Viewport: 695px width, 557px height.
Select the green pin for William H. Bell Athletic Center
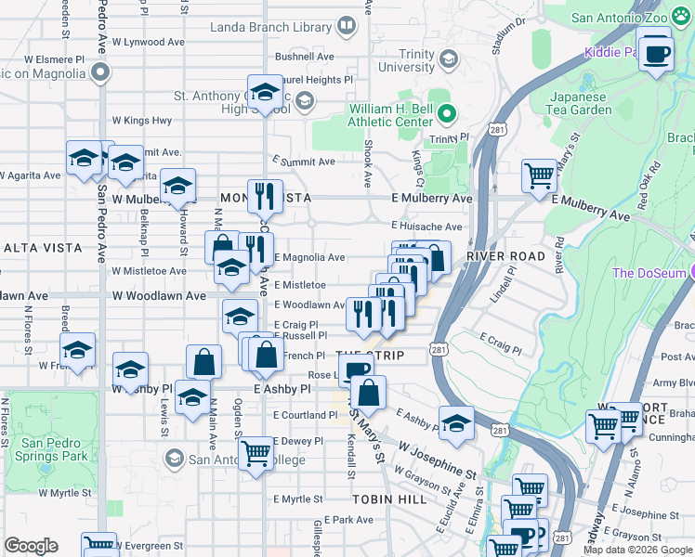click(447, 114)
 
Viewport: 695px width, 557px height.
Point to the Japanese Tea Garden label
click(581, 103)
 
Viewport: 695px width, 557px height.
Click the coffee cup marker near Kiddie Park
click(656, 52)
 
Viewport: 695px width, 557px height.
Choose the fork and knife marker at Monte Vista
click(266, 195)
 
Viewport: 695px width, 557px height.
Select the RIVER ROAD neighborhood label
click(505, 255)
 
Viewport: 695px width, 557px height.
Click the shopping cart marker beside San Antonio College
click(256, 453)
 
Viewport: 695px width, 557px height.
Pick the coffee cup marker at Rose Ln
click(356, 371)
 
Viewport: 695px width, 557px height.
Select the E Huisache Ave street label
click(426, 227)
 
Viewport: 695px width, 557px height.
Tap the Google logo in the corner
click(31, 546)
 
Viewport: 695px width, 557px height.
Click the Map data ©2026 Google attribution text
click(636, 550)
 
